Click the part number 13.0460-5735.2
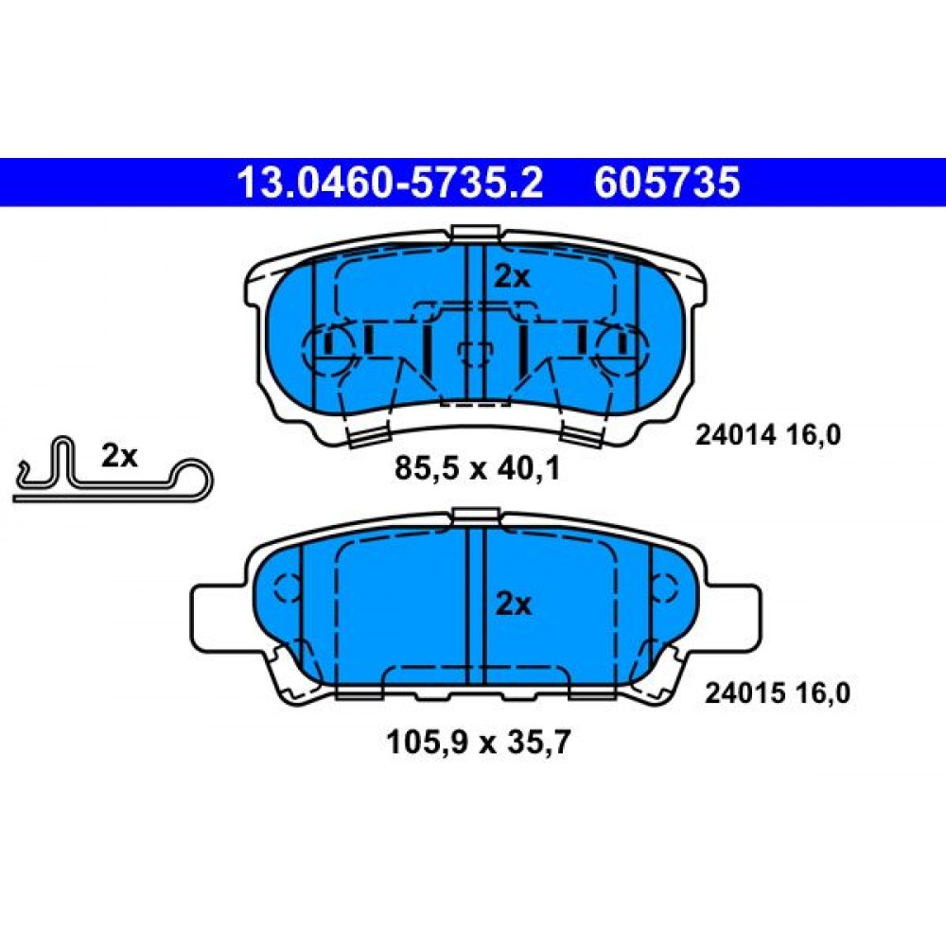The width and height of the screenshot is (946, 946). pos(391,183)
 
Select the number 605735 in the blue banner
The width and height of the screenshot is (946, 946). pos(667,183)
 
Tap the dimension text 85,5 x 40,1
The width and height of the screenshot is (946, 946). pos(477,468)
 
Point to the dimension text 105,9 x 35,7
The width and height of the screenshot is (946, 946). pos(478,742)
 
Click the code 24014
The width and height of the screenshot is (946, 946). pos(735,435)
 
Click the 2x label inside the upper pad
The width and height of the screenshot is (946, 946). pos(512,277)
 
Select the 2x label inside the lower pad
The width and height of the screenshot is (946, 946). pos(514,604)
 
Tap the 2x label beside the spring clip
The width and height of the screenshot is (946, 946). pos(119,456)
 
